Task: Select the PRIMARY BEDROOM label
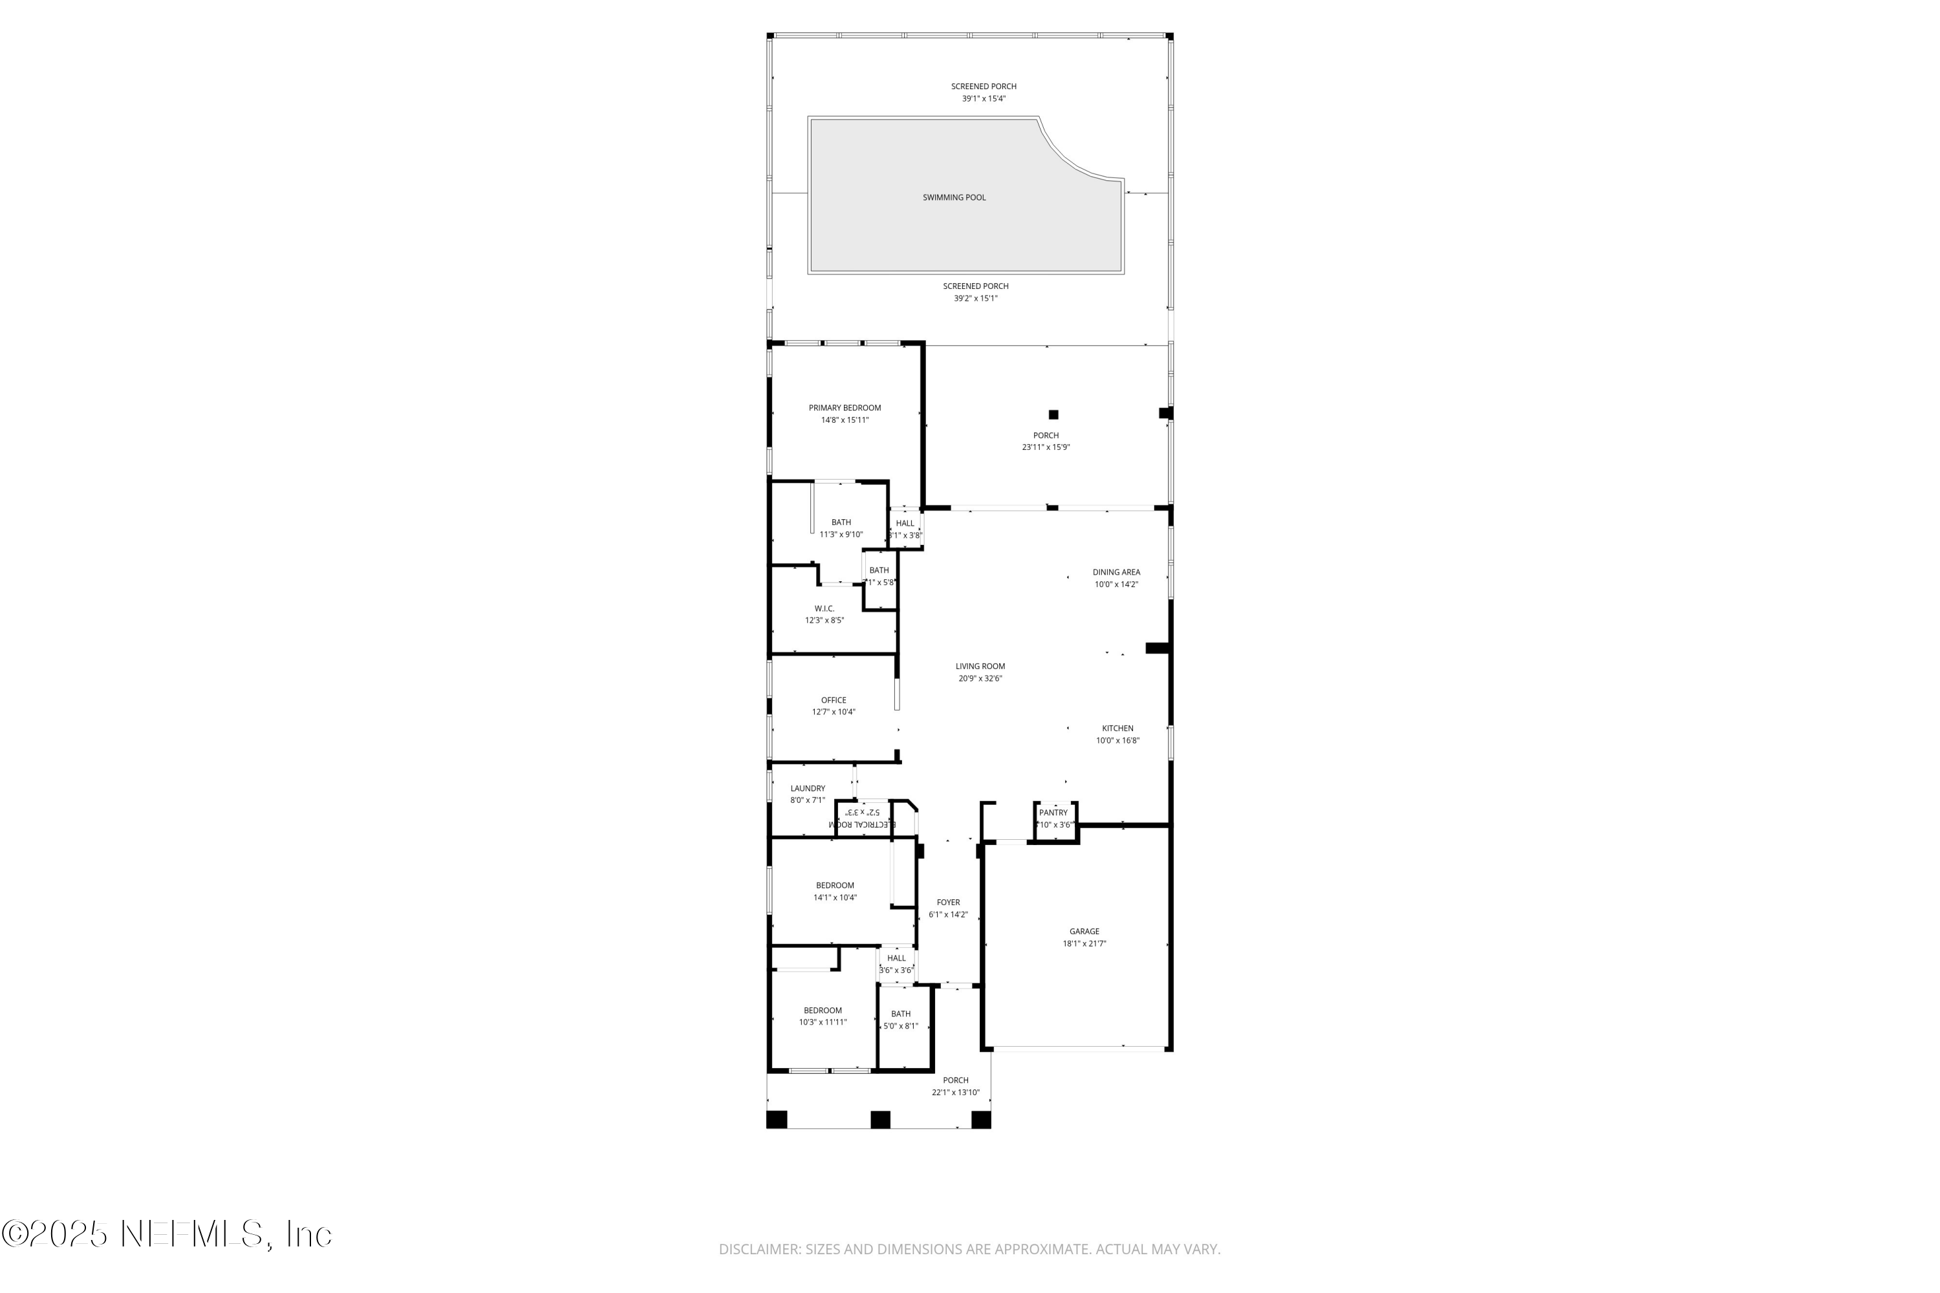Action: point(844,407)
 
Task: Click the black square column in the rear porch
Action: point(1053,415)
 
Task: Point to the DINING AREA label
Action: point(1116,572)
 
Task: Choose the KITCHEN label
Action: point(1117,728)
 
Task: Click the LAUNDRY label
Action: point(808,788)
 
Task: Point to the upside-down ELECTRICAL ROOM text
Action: point(862,824)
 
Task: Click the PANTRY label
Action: point(1053,812)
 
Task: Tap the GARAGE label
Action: point(1084,931)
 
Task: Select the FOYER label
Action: point(948,902)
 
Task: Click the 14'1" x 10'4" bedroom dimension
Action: point(835,897)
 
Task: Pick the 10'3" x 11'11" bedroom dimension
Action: point(823,1021)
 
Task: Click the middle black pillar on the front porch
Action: point(880,1119)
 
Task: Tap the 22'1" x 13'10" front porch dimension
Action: point(955,1093)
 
